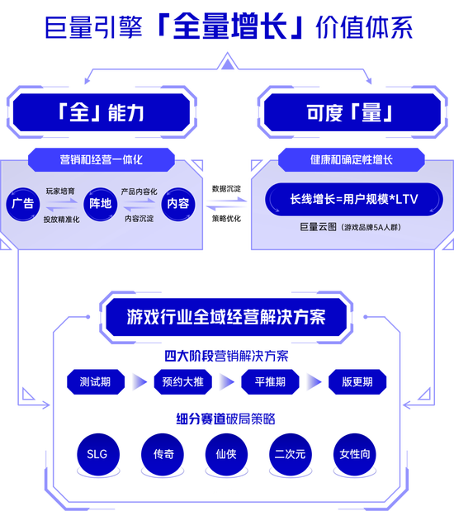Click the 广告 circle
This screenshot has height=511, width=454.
(23, 204)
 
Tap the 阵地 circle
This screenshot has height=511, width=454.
(101, 204)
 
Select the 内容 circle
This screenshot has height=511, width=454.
(178, 204)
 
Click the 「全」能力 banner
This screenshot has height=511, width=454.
(102, 112)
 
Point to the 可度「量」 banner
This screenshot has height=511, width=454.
(352, 112)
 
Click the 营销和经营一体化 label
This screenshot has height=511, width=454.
(102, 159)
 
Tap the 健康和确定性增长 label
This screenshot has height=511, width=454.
(352, 159)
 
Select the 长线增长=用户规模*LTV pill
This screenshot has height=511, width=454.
(354, 199)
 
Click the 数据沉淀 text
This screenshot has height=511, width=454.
(226, 189)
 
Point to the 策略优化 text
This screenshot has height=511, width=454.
(226, 218)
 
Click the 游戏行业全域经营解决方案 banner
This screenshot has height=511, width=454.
(226, 317)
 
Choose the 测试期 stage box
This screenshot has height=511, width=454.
(96, 381)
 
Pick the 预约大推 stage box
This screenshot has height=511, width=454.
(183, 381)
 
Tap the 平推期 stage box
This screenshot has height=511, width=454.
(270, 381)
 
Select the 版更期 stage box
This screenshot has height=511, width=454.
(357, 381)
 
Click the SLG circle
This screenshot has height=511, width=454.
(98, 454)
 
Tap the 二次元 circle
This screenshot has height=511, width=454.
(291, 454)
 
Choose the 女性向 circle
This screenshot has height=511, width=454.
(355, 454)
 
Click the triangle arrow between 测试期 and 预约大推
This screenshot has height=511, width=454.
(140, 381)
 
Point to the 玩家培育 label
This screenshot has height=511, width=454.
(60, 191)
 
